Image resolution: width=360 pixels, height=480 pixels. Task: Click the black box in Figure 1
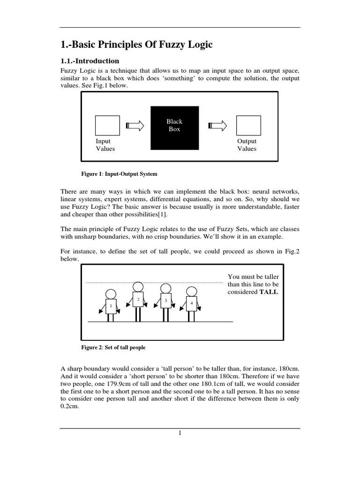pos(174,128)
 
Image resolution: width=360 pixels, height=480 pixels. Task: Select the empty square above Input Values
pos(107,125)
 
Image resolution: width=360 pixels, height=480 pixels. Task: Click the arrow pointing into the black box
pos(136,126)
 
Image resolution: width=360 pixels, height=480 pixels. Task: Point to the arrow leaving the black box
pos(218,126)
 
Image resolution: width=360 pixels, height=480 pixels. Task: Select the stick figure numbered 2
pos(138,301)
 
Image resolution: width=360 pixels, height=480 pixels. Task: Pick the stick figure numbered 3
pos(165,302)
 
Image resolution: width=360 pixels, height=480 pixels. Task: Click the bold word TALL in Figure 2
pos(269,292)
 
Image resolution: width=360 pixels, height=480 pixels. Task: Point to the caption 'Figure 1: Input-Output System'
pos(119,173)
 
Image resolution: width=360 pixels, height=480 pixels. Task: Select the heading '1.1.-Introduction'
pos(90,61)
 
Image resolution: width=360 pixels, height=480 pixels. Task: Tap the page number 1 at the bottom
pos(180,433)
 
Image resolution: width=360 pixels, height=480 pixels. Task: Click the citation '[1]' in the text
pos(162,215)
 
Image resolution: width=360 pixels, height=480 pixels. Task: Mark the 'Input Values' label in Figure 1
pos(105,145)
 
